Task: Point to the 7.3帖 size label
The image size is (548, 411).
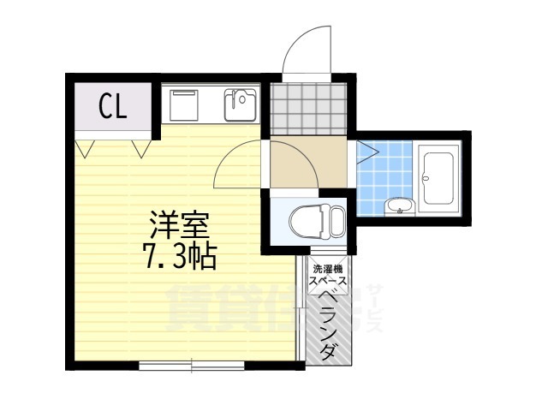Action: click(179, 256)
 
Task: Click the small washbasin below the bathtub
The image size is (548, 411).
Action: click(398, 205)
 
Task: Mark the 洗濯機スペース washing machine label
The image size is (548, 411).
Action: click(328, 275)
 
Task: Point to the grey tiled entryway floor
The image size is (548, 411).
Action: click(309, 110)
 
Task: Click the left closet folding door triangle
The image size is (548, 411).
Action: click(84, 148)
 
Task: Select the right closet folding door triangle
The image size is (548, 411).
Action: click(141, 148)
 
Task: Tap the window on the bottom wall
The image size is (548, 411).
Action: click(192, 364)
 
